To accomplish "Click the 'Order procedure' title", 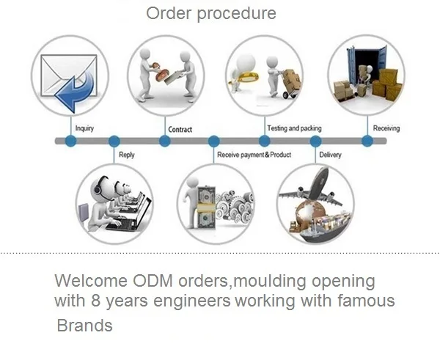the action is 211,13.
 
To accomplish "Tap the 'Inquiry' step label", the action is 84,128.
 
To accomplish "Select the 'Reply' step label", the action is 127,155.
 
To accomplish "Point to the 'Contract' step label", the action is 180,129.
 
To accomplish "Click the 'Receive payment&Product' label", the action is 254,155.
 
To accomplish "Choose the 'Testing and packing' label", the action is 294,128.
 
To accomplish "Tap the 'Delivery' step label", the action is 330,155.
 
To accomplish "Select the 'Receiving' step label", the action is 386,128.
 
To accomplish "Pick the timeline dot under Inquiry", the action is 70,141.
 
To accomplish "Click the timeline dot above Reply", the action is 114,141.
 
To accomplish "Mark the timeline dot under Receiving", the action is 367,141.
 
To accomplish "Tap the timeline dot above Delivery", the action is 315,141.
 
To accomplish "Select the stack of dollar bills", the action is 206,207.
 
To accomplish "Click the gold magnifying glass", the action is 246,77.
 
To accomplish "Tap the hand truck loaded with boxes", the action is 290,84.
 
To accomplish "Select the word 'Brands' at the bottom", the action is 84,326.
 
